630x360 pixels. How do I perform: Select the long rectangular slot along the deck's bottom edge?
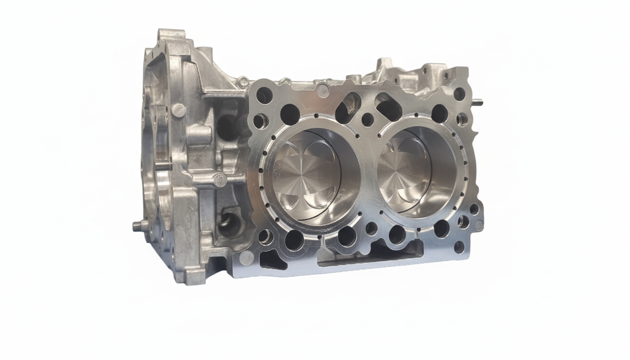370,257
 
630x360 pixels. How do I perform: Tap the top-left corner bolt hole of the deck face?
264,95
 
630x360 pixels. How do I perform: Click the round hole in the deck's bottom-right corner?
459,247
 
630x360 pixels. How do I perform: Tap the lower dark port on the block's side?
228,225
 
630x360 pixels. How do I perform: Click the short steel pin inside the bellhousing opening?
162,165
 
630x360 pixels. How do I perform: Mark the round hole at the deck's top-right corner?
459,94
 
